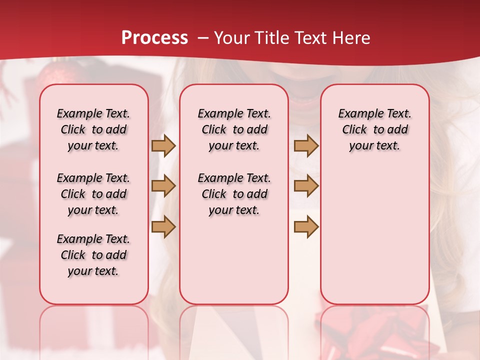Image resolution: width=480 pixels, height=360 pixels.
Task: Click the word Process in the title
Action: click(154, 38)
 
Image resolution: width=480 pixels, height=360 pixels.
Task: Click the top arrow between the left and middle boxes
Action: click(163, 145)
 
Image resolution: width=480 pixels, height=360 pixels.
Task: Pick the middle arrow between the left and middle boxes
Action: click(163, 186)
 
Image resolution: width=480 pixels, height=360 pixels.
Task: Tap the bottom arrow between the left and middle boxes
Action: click(163, 226)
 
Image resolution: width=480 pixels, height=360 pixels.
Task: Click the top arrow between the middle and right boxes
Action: click(306, 145)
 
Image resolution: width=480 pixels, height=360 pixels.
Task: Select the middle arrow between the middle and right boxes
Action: click(306, 186)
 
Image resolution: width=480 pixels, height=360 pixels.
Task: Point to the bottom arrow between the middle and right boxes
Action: click(306, 226)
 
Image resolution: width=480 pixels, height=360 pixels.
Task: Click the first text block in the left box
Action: click(93, 129)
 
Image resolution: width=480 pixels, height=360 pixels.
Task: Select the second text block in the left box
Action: click(93, 194)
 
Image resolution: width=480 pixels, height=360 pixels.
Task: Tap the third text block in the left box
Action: click(93, 255)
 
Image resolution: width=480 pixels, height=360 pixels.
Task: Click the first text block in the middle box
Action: click(234, 129)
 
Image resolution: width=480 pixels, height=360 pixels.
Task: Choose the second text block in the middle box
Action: click(234, 194)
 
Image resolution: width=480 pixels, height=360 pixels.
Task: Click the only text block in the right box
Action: click(374, 129)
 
